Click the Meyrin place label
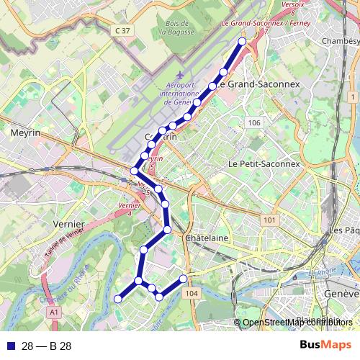[x=25, y=133]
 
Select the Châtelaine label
[x=207, y=238]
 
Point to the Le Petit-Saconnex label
[x=263, y=164]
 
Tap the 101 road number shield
[x=269, y=220]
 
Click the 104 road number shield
[x=191, y=294]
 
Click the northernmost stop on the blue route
[x=242, y=42]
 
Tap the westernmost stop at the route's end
[x=118, y=299]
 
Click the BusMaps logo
[x=325, y=346]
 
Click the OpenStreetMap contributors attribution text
[x=297, y=322]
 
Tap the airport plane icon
[x=179, y=75]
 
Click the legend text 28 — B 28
[x=47, y=346]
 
